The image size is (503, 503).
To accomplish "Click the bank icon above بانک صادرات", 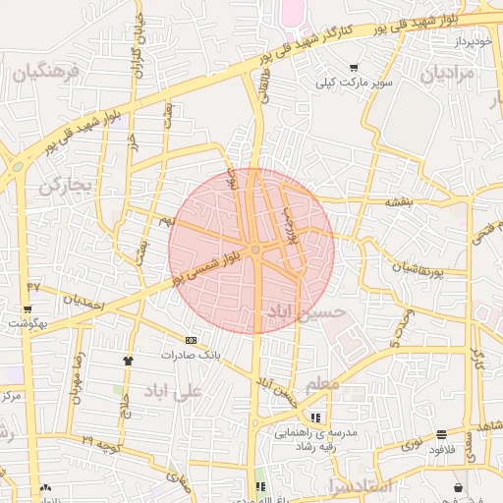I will coord(191,340).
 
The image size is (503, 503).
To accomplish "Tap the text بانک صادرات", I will coord(192,354).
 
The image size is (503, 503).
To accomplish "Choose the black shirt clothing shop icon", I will coord(127,361).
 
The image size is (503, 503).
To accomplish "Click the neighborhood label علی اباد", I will coord(172,391).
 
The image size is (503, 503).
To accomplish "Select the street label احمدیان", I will coord(84,303).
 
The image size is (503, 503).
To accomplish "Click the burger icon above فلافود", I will coord(442,433).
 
